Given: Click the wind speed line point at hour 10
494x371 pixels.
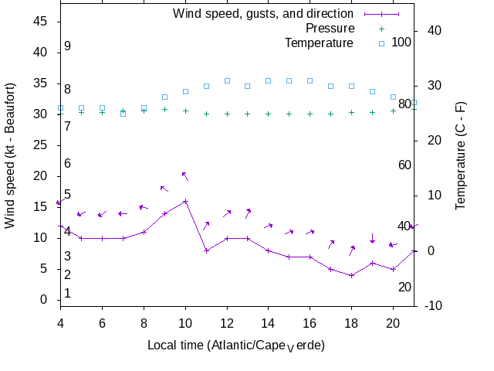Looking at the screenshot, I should pos(185,201).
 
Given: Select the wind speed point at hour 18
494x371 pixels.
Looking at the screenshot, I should pos(351,275).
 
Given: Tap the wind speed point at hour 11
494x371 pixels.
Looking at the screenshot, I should pos(206,250).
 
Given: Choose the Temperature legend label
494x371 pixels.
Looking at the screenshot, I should pos(319,43).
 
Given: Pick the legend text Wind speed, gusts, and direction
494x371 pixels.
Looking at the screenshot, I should pos(262,13).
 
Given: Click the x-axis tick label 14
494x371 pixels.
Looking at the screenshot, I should pos(268,322).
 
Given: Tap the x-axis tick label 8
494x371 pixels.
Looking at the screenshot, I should pos(144,322).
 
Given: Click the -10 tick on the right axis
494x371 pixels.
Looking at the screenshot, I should pos(434,305).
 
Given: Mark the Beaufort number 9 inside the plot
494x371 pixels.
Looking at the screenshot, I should pos(68,46).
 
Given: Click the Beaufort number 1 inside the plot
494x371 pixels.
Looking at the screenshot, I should pos(68,294).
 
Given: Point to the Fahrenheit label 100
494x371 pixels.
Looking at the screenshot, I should pos(401,42).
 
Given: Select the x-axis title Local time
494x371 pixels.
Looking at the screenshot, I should pos(236,345).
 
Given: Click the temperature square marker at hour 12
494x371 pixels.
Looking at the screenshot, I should pos(227,80).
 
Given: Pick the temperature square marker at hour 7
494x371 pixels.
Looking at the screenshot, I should pos(123,114).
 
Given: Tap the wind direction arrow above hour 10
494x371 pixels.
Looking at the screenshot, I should pos(185,176).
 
